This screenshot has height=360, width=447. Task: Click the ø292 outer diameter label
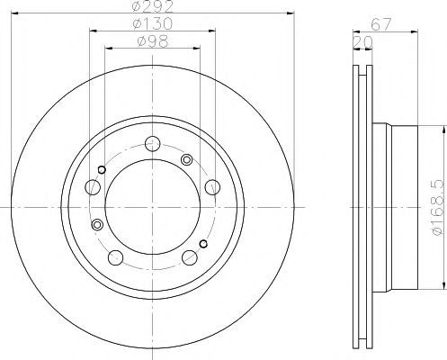pos(153,6)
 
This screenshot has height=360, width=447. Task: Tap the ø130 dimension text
pos(153,24)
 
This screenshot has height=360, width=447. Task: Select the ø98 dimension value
pos(153,41)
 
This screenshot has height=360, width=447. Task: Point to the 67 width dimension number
pos(381,24)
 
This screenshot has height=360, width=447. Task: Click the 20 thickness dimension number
pos(362,42)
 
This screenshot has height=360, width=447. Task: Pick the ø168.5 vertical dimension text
pos(438,208)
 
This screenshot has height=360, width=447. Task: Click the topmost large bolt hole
pos(152,144)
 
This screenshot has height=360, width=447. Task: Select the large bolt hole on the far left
pos(93,187)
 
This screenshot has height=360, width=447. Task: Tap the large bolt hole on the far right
pos(212,187)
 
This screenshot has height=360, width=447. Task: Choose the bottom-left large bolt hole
pos(115,257)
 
